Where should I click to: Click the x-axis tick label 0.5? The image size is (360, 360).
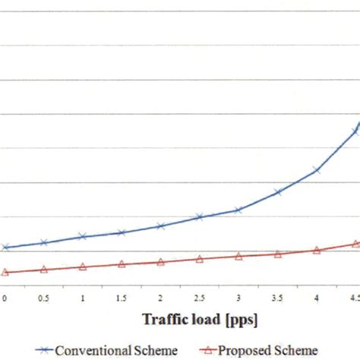(43, 299)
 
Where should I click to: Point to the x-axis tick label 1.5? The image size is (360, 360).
(122, 299)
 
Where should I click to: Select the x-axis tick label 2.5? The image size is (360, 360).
(199, 299)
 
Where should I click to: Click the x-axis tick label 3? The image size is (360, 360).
(238, 299)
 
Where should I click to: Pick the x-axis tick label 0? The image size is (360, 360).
(5, 299)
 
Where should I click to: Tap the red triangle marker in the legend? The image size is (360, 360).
(210, 349)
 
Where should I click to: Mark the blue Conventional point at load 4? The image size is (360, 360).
(317, 171)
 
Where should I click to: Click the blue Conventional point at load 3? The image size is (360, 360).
(238, 210)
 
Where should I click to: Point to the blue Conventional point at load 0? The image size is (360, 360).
(5, 248)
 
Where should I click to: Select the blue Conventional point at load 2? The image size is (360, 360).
(160, 226)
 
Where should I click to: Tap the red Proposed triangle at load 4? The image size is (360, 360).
(317, 250)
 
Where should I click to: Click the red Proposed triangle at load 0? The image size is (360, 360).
(5, 272)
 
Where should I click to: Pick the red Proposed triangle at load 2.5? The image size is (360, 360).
(199, 259)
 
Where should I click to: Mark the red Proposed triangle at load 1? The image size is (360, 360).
(83, 267)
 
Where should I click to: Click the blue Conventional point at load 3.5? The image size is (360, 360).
(277, 192)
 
